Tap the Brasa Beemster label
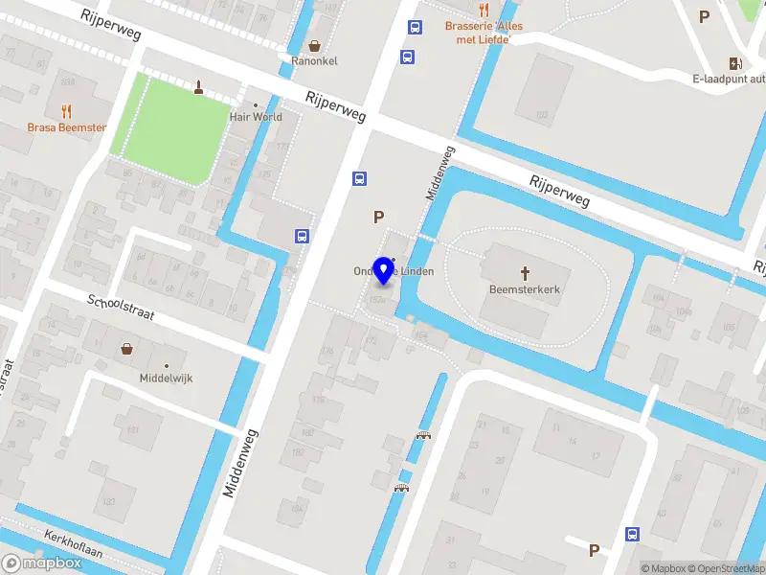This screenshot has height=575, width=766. [x=66, y=127]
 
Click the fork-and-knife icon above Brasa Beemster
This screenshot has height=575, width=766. [x=66, y=110]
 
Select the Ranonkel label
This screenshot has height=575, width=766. [x=315, y=61]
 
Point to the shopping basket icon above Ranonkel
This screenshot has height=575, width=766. [x=315, y=44]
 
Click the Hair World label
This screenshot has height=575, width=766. [x=256, y=117]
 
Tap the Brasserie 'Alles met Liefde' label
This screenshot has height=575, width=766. [x=484, y=33]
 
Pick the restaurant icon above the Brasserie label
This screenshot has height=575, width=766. [x=484, y=10]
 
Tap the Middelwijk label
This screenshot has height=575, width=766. [x=166, y=379]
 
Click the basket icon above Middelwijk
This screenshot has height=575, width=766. [x=126, y=349]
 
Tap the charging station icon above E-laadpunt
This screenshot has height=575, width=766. [x=735, y=63]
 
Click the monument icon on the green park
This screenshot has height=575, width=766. [x=199, y=89]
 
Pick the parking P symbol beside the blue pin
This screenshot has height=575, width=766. [x=379, y=218]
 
